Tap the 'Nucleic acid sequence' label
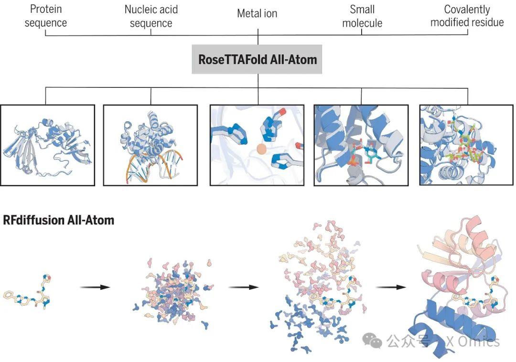150,16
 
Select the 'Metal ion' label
257,13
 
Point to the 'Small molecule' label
362,16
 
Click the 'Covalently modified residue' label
467,16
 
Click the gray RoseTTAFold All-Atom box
257,60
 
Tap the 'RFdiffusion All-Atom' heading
58,220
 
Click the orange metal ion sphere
261,149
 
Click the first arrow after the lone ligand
95,287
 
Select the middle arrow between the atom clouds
243,287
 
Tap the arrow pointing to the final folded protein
391,287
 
